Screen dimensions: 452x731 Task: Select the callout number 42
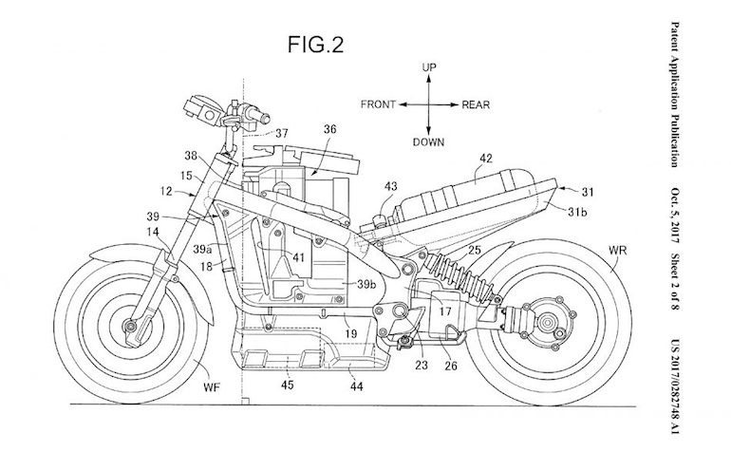tap(484, 160)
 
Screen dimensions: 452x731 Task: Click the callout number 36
tap(328, 130)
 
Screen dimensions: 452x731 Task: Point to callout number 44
tap(357, 386)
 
